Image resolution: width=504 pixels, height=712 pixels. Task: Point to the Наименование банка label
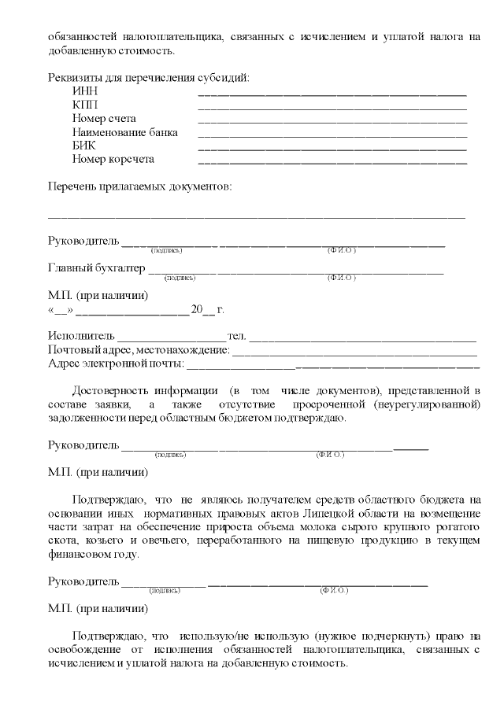pyautogui.click(x=125, y=132)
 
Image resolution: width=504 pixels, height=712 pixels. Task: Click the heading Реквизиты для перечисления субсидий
pyautogui.click(x=149, y=77)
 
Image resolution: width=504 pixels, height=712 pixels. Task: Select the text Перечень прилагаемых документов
pyautogui.click(x=139, y=186)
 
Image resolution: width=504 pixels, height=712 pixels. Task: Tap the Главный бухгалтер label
pyautogui.click(x=97, y=268)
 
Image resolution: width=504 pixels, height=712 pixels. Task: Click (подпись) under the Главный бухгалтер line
pyautogui.click(x=179, y=278)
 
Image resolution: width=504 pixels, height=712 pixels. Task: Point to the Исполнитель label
pyautogui.click(x=81, y=336)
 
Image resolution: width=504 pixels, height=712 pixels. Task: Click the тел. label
pyautogui.click(x=236, y=336)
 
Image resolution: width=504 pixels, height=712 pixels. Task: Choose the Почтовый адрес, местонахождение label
pyautogui.click(x=139, y=349)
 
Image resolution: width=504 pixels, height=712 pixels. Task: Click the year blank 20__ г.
pyautogui.click(x=202, y=309)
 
